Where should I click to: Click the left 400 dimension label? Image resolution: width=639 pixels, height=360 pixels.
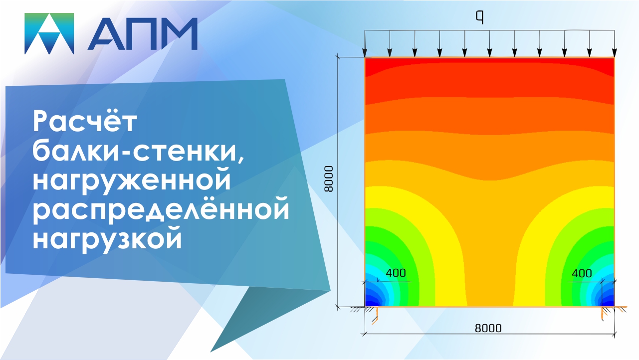coord(396,273)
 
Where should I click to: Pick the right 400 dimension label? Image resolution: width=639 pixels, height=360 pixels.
coord(582,273)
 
